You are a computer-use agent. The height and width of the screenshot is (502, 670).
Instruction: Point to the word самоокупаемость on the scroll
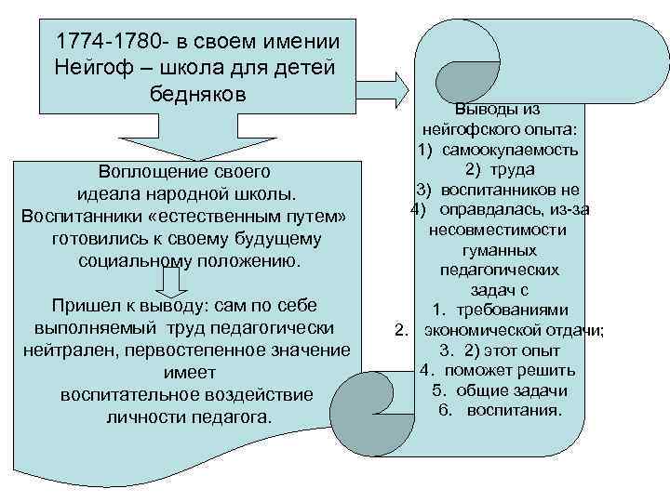511,150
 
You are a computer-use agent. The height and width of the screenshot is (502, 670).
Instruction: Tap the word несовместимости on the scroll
500,229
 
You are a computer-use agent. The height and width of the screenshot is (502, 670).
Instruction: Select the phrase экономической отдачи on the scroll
512,330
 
